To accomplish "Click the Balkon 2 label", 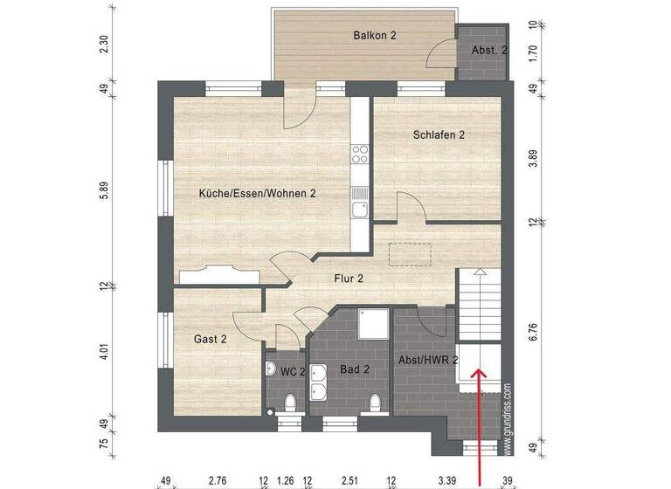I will click(375, 36).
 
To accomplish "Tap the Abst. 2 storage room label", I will click(488, 51).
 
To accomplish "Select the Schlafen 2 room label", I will click(439, 134).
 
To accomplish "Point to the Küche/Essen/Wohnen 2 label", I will click(257, 193).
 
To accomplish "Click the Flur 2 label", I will click(349, 279).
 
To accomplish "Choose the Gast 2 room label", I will click(210, 339).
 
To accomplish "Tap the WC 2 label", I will click(292, 371).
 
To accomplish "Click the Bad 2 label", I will click(354, 369).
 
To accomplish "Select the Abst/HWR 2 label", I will click(427, 360).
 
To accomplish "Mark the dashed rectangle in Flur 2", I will click(411, 251).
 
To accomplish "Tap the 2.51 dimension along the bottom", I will click(349, 479).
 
